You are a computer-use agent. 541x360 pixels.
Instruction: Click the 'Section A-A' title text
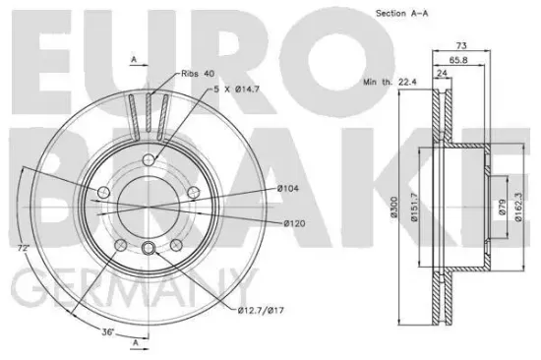401,14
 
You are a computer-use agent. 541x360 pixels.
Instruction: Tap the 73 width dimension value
461,45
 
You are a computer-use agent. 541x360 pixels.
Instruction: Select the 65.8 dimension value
458,60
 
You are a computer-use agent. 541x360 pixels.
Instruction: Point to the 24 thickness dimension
442,73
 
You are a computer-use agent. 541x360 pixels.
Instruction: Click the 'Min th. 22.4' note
390,83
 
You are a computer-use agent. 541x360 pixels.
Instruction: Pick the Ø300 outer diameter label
393,208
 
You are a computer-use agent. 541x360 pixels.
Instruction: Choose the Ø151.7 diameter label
414,208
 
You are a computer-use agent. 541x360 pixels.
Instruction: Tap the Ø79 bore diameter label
502,208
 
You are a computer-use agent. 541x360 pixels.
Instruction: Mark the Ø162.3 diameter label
517,208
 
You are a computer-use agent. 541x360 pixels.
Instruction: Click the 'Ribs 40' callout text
198,74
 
